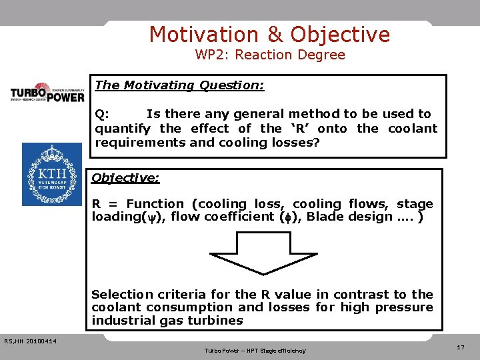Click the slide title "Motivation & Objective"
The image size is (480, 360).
click(269, 34)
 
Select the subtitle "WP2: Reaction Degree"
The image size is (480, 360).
click(270, 55)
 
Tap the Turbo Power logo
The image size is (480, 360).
click(47, 91)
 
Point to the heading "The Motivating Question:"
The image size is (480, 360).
click(180, 85)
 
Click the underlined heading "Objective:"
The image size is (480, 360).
click(125, 178)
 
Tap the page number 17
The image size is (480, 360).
click(461, 347)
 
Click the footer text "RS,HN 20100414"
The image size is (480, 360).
click(30, 342)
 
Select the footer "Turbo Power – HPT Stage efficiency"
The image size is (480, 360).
click(255, 351)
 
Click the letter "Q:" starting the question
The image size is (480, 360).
click(103, 114)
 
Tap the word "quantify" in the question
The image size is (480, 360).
click(125, 129)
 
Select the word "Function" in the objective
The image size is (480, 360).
click(155, 204)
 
